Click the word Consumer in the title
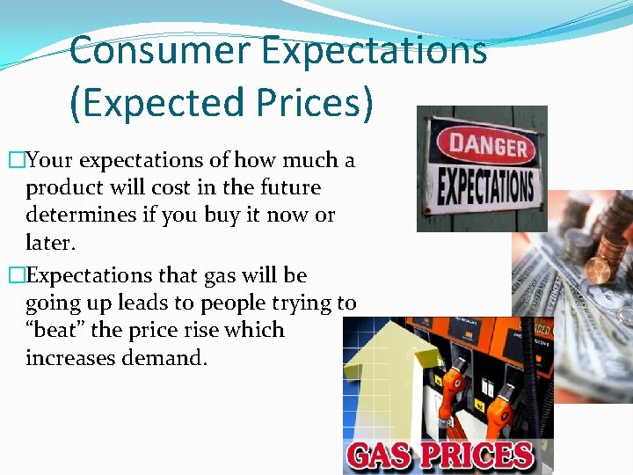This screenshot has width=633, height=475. [x=155, y=50]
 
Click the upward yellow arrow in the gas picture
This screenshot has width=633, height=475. [x=388, y=378]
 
